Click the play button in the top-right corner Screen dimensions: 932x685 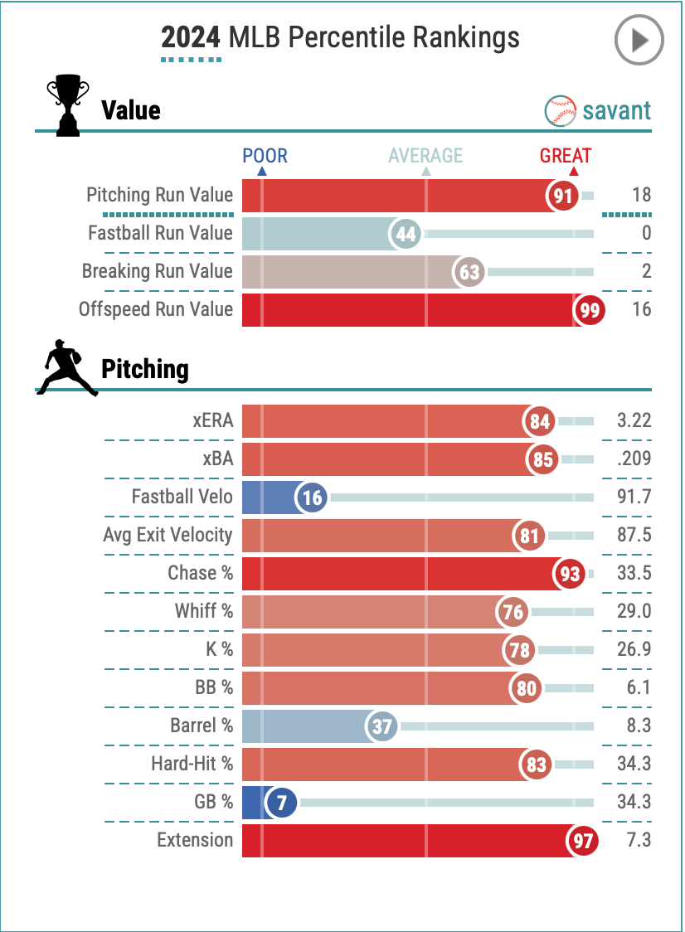pyautogui.click(x=639, y=40)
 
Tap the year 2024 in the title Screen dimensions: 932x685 pyautogui.click(x=191, y=37)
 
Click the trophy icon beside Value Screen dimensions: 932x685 pyautogui.click(x=67, y=105)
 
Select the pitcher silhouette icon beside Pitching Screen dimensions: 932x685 pyautogui.click(x=66, y=367)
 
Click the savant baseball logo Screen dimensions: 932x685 pyautogui.click(x=561, y=110)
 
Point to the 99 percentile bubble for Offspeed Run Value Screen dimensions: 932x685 pyautogui.click(x=589, y=310)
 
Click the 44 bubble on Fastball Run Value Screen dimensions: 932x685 pyautogui.click(x=406, y=235)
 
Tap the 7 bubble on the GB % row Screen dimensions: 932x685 pyautogui.click(x=282, y=803)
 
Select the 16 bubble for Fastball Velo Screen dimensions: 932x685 pyautogui.click(x=312, y=498)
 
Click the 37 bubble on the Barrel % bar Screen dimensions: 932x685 pyautogui.click(x=382, y=727)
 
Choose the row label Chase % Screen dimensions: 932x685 pyautogui.click(x=200, y=573)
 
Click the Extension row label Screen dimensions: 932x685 pyautogui.click(x=195, y=840)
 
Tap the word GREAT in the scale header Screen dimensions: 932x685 pyautogui.click(x=566, y=155)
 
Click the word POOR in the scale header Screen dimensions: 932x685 pyautogui.click(x=265, y=155)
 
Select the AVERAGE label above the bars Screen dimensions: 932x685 pyautogui.click(x=425, y=155)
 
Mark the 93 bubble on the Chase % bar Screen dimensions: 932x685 pyautogui.click(x=570, y=574)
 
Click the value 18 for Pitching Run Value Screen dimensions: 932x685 pyautogui.click(x=641, y=196)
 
